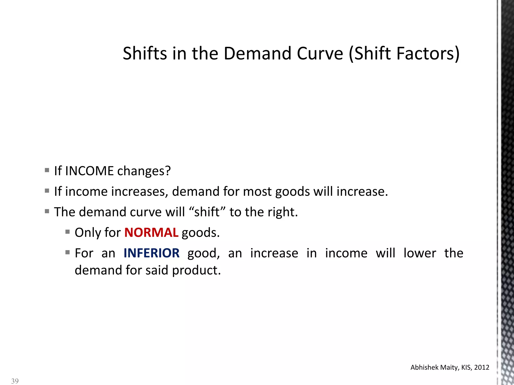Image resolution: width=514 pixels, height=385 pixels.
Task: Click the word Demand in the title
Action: [258, 54]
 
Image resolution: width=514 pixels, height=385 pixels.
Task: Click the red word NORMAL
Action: [151, 233]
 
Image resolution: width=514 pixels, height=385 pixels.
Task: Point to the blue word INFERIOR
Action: [152, 253]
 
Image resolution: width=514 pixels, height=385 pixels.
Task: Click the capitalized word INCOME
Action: [89, 171]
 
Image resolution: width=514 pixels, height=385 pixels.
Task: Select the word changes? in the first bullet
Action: [144, 171]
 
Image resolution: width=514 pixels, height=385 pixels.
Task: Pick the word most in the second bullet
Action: [257, 191]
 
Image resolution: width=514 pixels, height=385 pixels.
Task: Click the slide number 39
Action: [15, 381]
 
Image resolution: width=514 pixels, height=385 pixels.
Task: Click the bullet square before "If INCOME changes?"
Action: [47, 170]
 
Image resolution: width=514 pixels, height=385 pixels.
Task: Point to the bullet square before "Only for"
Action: [68, 232]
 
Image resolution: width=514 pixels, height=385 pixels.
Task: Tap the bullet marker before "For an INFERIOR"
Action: [68, 252]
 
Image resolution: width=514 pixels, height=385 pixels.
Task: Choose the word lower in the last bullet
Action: [420, 253]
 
